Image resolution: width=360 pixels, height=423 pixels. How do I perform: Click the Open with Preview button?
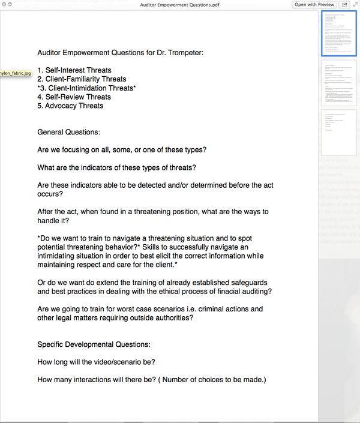pyautogui.click(x=314, y=4)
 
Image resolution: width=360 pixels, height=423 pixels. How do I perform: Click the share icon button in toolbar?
pyautogui.click(x=345, y=4)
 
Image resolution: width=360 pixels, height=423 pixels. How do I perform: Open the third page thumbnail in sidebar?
pyautogui.click(x=339, y=132)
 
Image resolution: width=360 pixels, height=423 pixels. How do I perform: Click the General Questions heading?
pyautogui.click(x=69, y=132)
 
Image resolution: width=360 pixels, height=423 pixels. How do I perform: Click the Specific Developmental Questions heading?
pyautogui.click(x=94, y=344)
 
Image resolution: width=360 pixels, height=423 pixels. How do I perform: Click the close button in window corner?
pyautogui.click(x=4, y=4)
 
